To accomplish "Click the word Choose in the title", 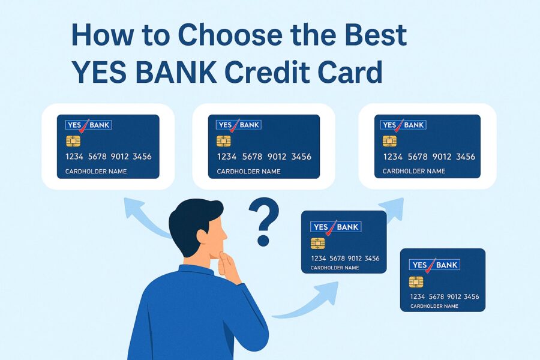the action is pyautogui.click(x=230, y=35).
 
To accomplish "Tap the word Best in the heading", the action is pyautogui.click(x=376, y=35).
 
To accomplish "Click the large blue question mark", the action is pyautogui.click(x=264, y=221).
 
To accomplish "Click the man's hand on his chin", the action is pyautogui.click(x=229, y=266).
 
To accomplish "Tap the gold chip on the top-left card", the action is pyautogui.click(x=73, y=141).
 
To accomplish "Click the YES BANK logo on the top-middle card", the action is pyautogui.click(x=239, y=125).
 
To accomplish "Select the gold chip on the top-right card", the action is pyautogui.click(x=389, y=141).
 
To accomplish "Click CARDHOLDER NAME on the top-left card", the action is pyautogui.click(x=96, y=171).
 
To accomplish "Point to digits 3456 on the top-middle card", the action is pyautogui.click(x=301, y=157).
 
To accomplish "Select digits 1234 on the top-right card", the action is pyautogui.click(x=393, y=157).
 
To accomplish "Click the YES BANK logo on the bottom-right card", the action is pyautogui.click(x=434, y=265).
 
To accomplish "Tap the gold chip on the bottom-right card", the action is pyautogui.click(x=416, y=282).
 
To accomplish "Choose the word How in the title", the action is pyautogui.click(x=100, y=35).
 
